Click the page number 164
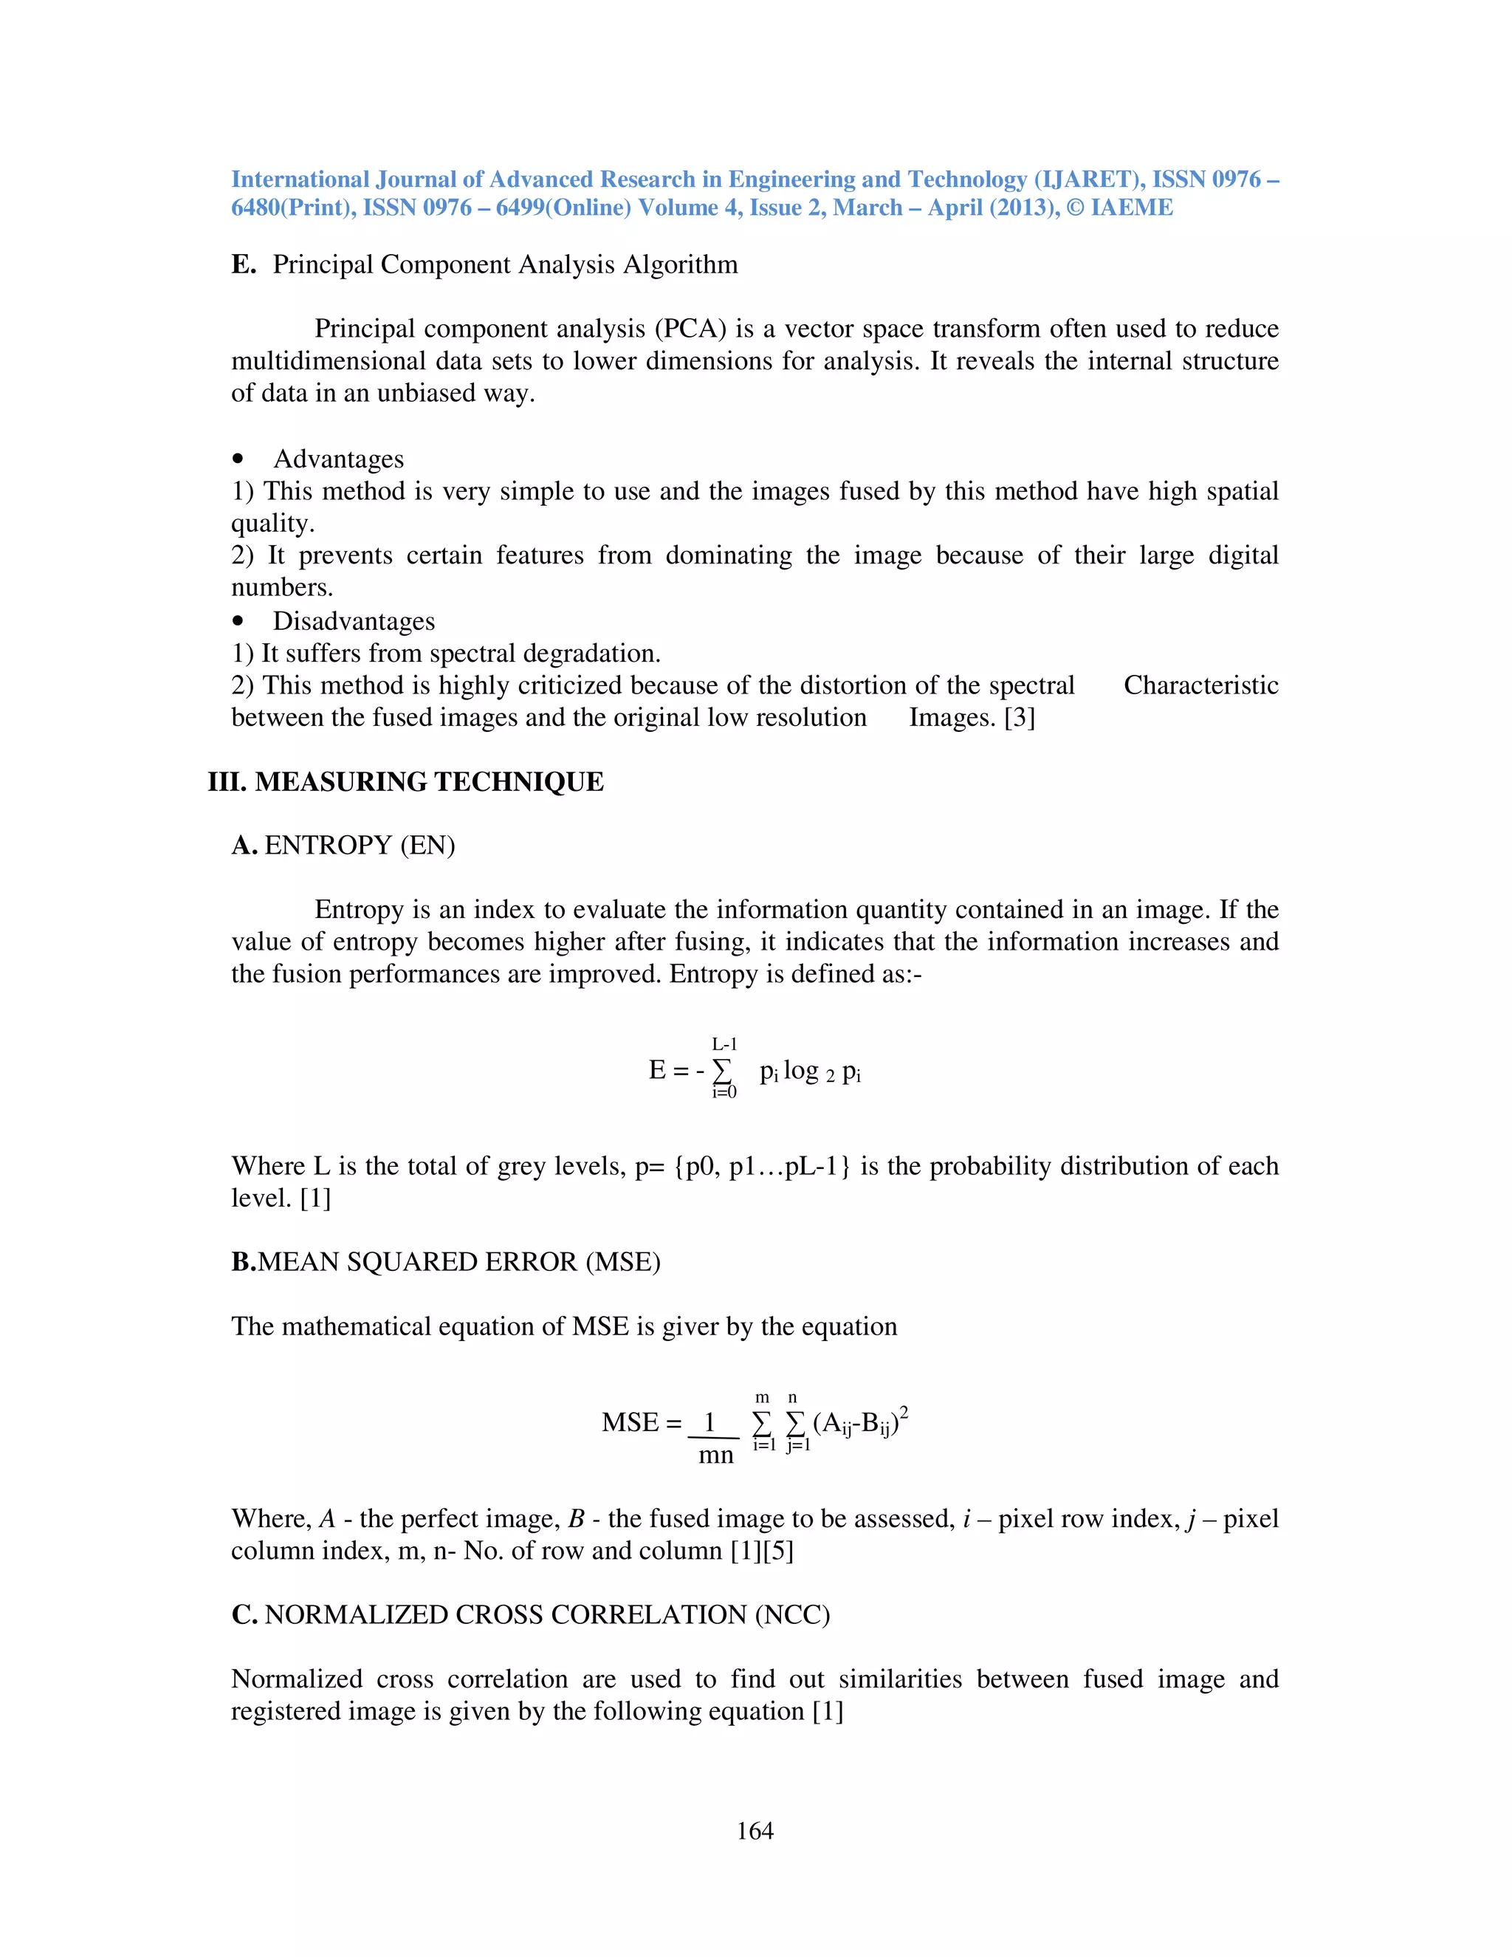coord(755,1831)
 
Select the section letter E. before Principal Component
coord(244,264)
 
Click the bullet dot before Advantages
coord(238,459)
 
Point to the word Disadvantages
coord(354,621)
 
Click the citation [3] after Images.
coord(1020,718)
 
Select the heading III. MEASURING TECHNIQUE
coord(406,781)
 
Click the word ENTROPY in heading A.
coord(329,845)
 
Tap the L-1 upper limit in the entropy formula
coord(724,1044)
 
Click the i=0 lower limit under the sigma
coord(724,1092)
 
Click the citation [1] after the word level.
coord(315,1198)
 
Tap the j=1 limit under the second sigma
coord(797,1445)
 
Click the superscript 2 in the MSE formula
coord(904,1412)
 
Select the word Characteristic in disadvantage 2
coord(1200,685)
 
